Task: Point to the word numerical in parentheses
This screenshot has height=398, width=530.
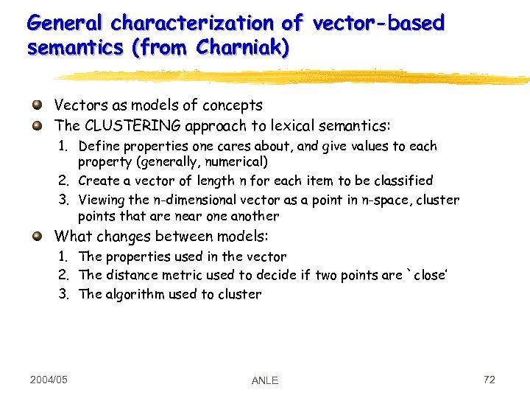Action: pos(235,161)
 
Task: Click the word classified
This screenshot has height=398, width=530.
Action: pos(402,181)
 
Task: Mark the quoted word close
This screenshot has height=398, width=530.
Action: pos(428,275)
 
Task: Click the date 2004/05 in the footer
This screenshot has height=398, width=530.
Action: pos(49,380)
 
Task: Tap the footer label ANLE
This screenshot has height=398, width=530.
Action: pos(265,380)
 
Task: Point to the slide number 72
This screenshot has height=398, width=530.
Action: pos(489,380)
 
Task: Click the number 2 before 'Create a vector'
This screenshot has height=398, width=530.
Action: pos(63,181)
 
